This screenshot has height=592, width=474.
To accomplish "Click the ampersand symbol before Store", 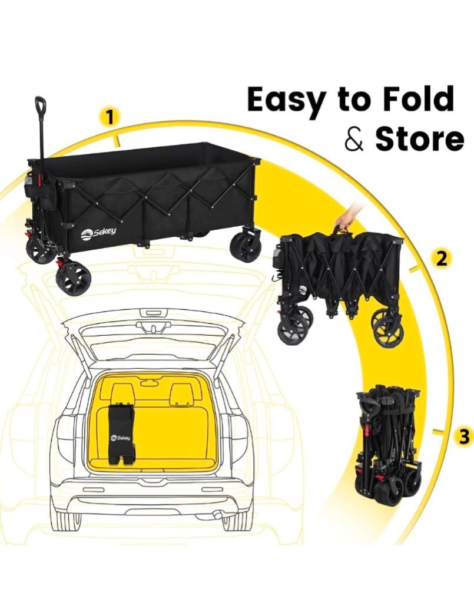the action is pos(355,139).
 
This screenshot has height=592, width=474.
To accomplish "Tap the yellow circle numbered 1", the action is pos(110,117).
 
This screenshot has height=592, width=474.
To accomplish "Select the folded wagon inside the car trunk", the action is pos(120,434).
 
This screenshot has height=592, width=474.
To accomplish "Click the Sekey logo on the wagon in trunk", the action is pos(121,438).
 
